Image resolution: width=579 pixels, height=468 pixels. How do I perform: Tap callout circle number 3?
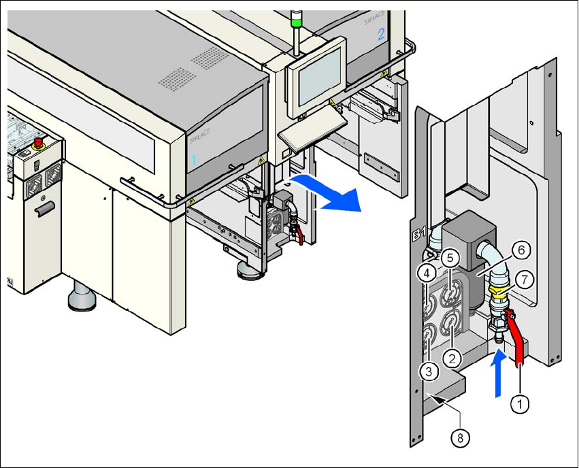(x=428, y=371)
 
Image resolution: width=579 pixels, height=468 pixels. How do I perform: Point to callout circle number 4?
(x=427, y=273)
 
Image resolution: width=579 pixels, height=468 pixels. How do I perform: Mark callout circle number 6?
(x=520, y=250)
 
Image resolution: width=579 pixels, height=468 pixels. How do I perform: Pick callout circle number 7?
(x=523, y=278)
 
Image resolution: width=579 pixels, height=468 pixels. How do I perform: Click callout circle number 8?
(x=461, y=438)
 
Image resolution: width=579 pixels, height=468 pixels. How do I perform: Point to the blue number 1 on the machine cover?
(x=193, y=161)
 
